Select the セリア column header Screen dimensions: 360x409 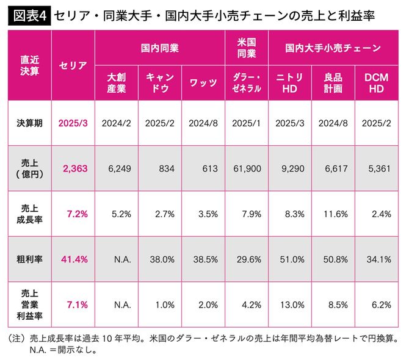pyautogui.click(x=73, y=65)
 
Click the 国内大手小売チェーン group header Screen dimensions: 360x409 pyautogui.click(x=333, y=47)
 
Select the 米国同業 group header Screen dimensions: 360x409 pyautogui.click(x=247, y=47)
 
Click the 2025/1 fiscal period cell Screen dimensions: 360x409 pyautogui.click(x=247, y=122)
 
